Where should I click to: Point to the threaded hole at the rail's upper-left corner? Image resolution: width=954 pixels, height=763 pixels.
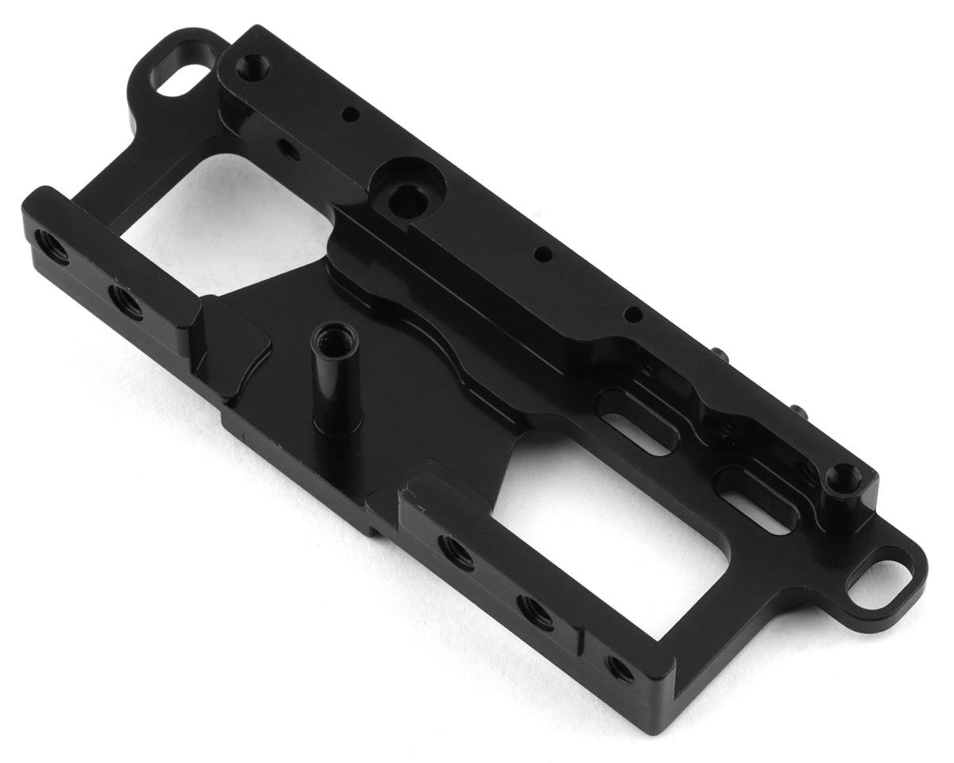click(253, 64)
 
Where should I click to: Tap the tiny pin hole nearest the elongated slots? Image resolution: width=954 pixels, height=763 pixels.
click(632, 315)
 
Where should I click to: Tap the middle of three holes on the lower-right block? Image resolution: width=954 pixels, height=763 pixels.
click(534, 611)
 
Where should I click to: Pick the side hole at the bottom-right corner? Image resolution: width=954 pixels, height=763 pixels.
click(619, 668)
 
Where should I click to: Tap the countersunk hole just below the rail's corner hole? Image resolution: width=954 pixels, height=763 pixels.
click(289, 149)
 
